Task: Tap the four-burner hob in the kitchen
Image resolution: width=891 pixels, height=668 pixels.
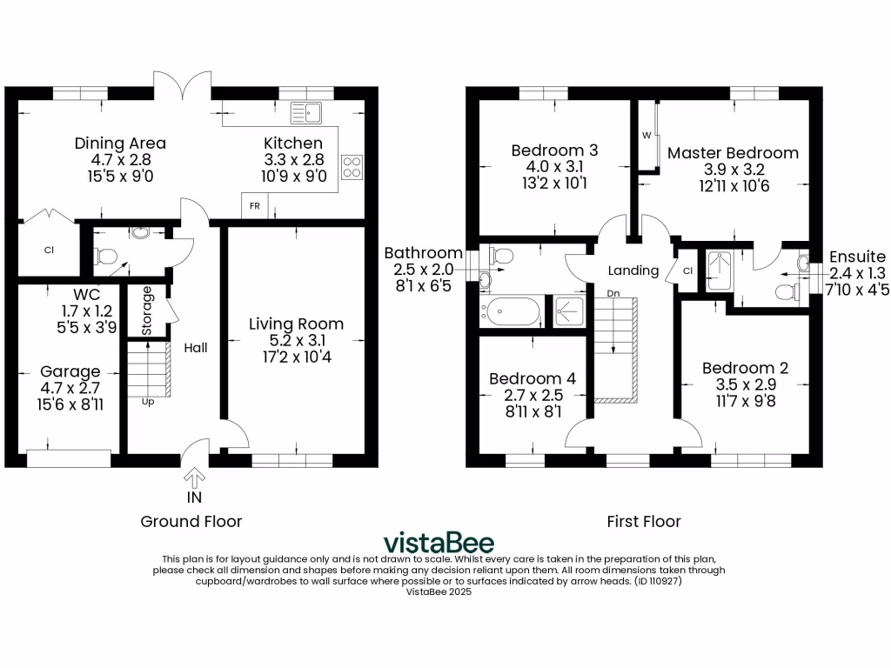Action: pyautogui.click(x=352, y=166)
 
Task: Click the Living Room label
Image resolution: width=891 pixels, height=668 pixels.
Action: pyautogui.click(x=296, y=324)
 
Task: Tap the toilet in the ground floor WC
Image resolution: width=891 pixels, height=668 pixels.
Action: pyautogui.click(x=105, y=256)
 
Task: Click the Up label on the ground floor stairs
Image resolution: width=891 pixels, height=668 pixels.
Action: pyautogui.click(x=148, y=402)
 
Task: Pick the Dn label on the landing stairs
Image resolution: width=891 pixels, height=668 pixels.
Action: pyautogui.click(x=613, y=293)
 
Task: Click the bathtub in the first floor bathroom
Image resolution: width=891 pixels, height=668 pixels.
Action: pyautogui.click(x=513, y=311)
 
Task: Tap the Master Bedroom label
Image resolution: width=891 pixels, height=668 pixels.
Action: pyautogui.click(x=733, y=153)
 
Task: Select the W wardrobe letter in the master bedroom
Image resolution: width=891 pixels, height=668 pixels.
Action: pyautogui.click(x=646, y=136)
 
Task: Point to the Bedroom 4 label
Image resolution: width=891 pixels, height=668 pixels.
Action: pyautogui.click(x=532, y=378)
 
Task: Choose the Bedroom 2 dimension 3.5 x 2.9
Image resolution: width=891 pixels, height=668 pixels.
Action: pyautogui.click(x=745, y=384)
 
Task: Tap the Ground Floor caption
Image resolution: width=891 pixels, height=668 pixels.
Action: pyautogui.click(x=191, y=521)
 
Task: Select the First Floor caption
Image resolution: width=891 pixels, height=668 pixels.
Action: pyautogui.click(x=644, y=521)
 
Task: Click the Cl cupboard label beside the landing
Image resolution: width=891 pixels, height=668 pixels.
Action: pyautogui.click(x=687, y=271)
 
